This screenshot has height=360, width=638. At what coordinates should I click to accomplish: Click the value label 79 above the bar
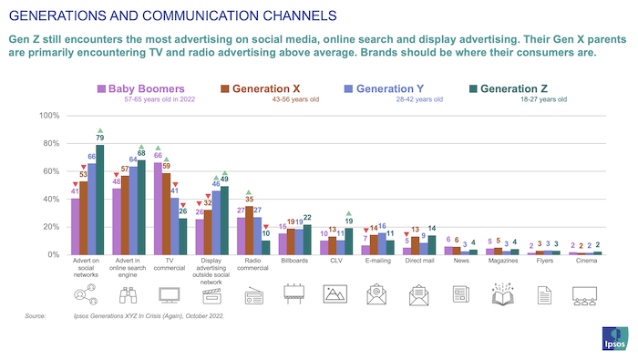(100, 137)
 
